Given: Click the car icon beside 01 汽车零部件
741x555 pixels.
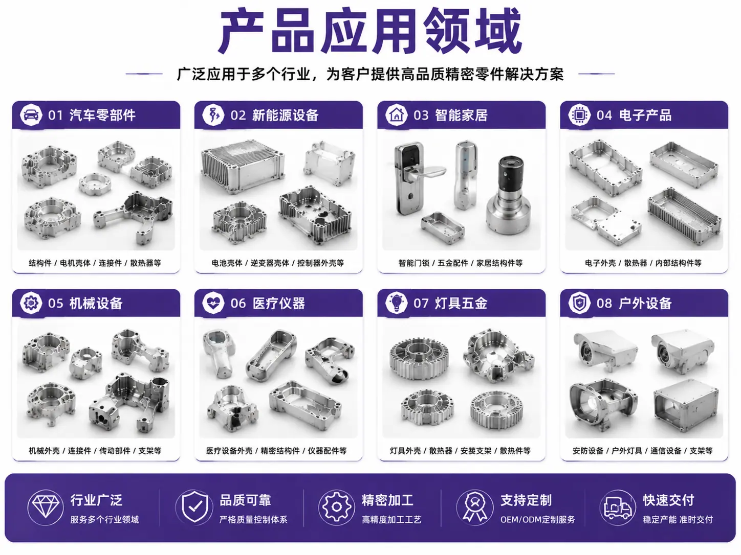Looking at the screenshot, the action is coord(31,115).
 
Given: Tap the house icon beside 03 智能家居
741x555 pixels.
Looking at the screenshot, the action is coord(396,115).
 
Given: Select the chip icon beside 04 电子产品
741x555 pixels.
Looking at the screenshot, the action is coord(579,115).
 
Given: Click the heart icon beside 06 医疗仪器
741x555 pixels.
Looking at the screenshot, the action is coord(213,303).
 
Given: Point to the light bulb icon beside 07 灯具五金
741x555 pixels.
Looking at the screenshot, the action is coord(396,303).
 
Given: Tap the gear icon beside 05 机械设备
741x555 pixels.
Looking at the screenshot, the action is coord(31,303).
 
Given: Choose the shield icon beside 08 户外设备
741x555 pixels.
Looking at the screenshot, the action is coord(579,303).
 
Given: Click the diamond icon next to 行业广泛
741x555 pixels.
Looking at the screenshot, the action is coord(45,507).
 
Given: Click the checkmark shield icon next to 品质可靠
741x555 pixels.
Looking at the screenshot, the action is coord(194,507).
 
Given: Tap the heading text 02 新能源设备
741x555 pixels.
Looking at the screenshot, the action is coord(274,115).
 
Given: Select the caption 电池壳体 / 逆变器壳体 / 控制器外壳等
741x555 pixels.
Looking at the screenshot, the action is coord(277,263).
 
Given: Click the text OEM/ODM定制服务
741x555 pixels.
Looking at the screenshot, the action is coord(537,520).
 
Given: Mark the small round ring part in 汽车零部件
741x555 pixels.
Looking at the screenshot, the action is coord(95,183).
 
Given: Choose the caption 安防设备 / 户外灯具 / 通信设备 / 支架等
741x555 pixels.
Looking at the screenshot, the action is coord(642,451).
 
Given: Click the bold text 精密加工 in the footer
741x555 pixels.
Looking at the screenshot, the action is coord(387,500).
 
